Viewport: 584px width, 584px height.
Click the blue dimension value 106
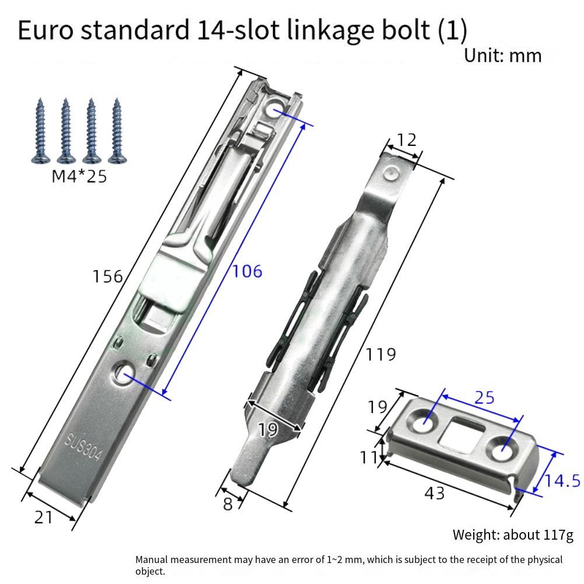(x=247, y=271)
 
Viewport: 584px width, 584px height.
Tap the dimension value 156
(x=107, y=277)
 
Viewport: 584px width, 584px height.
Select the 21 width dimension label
(x=43, y=517)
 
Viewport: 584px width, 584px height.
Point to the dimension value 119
(x=380, y=355)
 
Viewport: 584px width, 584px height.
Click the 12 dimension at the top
(x=407, y=140)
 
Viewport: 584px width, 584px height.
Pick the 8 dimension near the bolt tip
(x=228, y=504)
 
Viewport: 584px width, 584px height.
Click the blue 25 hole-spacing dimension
(x=484, y=398)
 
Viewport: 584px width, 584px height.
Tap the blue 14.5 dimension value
(x=562, y=481)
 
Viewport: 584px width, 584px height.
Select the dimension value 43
(x=435, y=494)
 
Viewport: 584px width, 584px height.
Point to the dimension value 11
(x=369, y=457)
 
